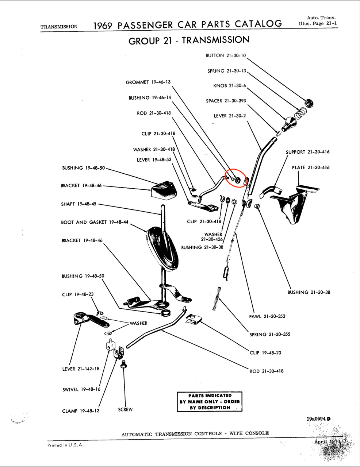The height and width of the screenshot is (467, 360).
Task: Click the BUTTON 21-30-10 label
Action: coord(226,55)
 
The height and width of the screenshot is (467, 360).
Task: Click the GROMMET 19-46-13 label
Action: coord(148,82)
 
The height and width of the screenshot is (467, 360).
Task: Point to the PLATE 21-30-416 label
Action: coord(310,167)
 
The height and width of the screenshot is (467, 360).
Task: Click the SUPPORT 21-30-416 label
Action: coord(307,152)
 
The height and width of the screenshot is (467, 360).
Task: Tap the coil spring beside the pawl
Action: coord(218,298)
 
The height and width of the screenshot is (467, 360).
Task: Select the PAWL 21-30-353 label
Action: coord(267,316)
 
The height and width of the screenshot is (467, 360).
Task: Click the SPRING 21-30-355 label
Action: coord(270,334)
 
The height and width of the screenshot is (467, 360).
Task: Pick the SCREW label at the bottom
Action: coord(125,409)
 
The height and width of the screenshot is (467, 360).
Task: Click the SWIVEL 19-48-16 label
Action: coord(81,390)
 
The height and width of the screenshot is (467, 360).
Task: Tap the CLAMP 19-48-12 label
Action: coord(80,411)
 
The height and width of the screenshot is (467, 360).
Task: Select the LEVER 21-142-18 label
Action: coord(81,369)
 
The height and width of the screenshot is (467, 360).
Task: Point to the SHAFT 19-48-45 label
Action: coord(78,204)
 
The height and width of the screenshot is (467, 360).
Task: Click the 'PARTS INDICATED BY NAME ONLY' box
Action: coord(210,402)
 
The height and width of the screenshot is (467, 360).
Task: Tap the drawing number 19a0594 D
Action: coord(318,419)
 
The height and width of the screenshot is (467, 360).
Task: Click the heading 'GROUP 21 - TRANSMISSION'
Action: coord(189,40)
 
